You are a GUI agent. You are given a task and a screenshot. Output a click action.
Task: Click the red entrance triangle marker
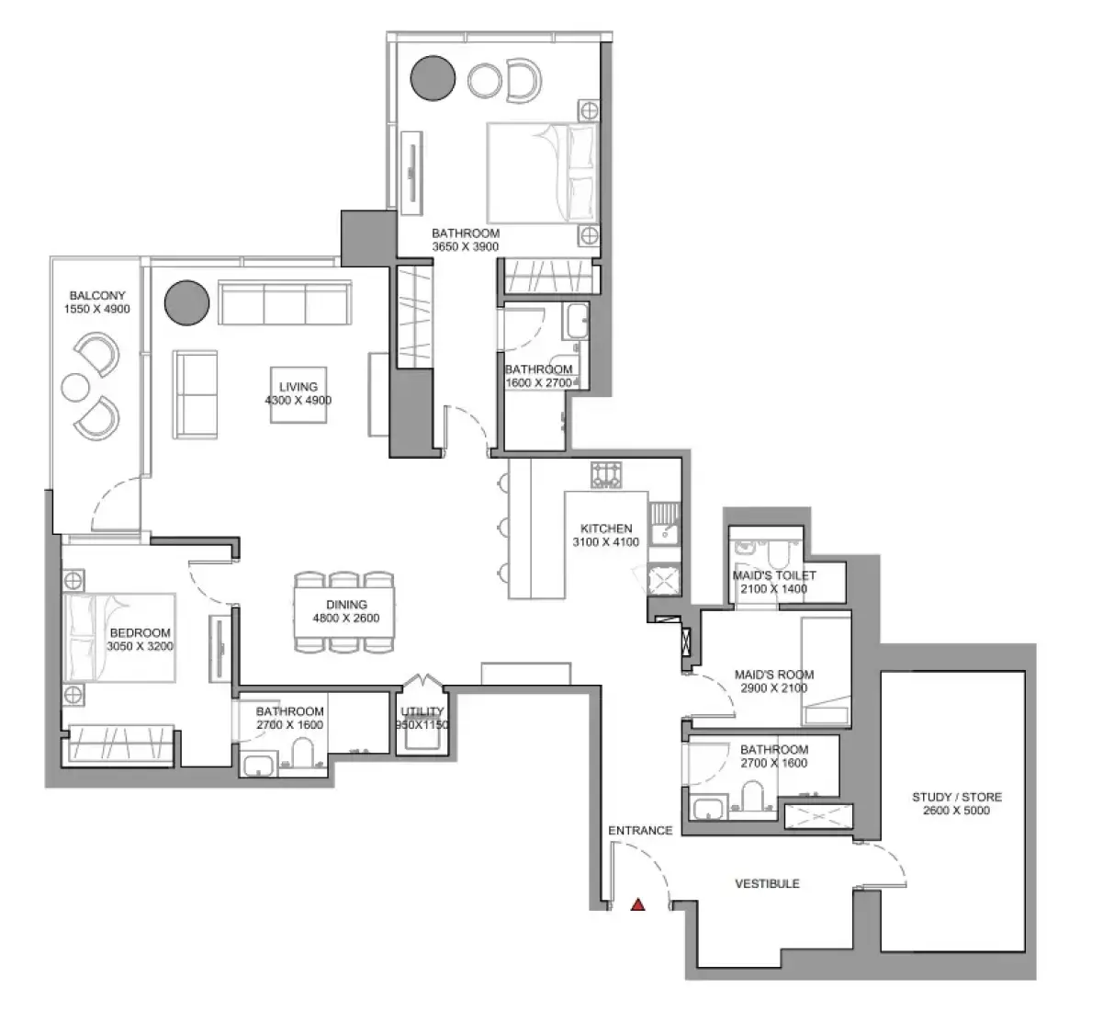coord(638,904)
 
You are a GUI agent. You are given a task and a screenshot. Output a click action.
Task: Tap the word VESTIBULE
coord(768,884)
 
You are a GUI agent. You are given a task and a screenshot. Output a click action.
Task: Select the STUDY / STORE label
coord(957,797)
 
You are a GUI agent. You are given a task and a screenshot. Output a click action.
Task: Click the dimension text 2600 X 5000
coord(957,811)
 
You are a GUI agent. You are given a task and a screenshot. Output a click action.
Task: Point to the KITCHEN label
coord(606,528)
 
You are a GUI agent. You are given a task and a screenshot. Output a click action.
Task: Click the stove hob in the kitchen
coord(606,474)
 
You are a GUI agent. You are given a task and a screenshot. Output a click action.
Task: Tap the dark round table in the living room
coord(187,303)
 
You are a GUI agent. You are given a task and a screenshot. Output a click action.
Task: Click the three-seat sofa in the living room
coord(285,302)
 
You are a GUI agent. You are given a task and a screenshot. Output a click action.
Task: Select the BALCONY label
coord(97,296)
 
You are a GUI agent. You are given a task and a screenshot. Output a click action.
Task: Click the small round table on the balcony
coord(75,387)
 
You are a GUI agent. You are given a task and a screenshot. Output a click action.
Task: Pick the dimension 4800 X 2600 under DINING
coord(346,618)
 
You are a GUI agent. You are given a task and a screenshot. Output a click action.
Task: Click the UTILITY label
coord(422,711)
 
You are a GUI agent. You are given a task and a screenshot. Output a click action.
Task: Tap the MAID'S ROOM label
coord(774,675)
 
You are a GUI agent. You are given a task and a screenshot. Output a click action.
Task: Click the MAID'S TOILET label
coord(774,575)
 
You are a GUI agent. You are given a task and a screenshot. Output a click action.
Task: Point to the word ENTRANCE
coord(640,830)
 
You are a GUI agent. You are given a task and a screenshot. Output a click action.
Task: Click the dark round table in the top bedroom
coord(433,78)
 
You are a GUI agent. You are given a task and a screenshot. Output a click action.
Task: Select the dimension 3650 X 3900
coord(466,246)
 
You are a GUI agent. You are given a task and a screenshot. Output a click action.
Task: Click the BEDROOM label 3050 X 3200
coord(140,639)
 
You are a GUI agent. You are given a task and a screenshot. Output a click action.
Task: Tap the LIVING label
coord(298,387)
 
